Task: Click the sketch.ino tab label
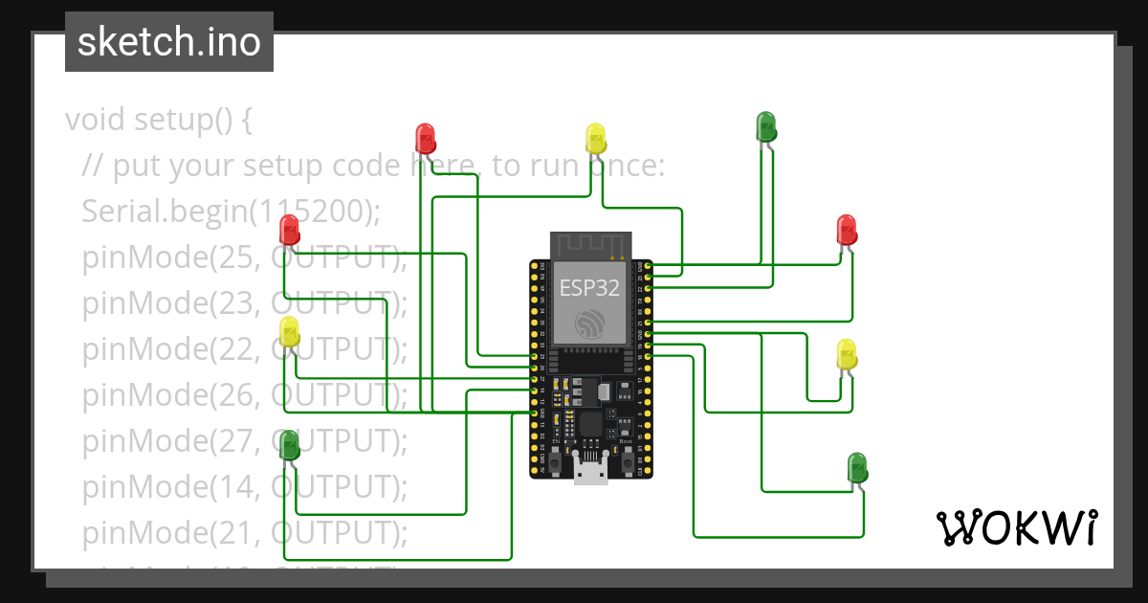pyautogui.click(x=169, y=42)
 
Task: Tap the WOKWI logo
pyautogui.click(x=1015, y=527)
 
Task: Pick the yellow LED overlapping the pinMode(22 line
pyautogui.click(x=289, y=333)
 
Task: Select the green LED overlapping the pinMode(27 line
pyautogui.click(x=289, y=444)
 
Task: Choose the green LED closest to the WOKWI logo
pyautogui.click(x=858, y=468)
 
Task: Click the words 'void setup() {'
pyautogui.click(x=159, y=121)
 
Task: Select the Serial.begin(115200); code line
pyautogui.click(x=231, y=212)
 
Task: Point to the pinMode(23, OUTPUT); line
pyautogui.click(x=245, y=303)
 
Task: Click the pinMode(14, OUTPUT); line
pyautogui.click(x=245, y=487)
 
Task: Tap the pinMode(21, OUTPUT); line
pyautogui.click(x=245, y=533)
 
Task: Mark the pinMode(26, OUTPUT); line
pyautogui.click(x=245, y=395)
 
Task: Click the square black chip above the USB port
pyautogui.click(x=590, y=423)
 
